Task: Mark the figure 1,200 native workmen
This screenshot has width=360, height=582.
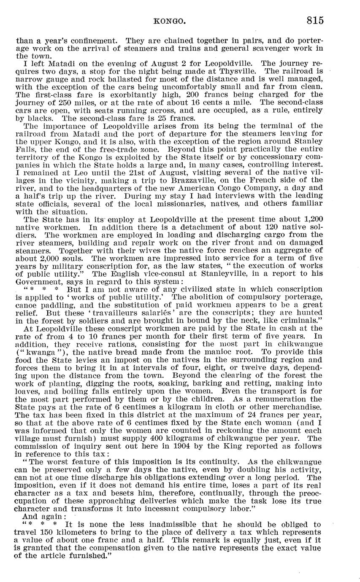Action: click(313, 219)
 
